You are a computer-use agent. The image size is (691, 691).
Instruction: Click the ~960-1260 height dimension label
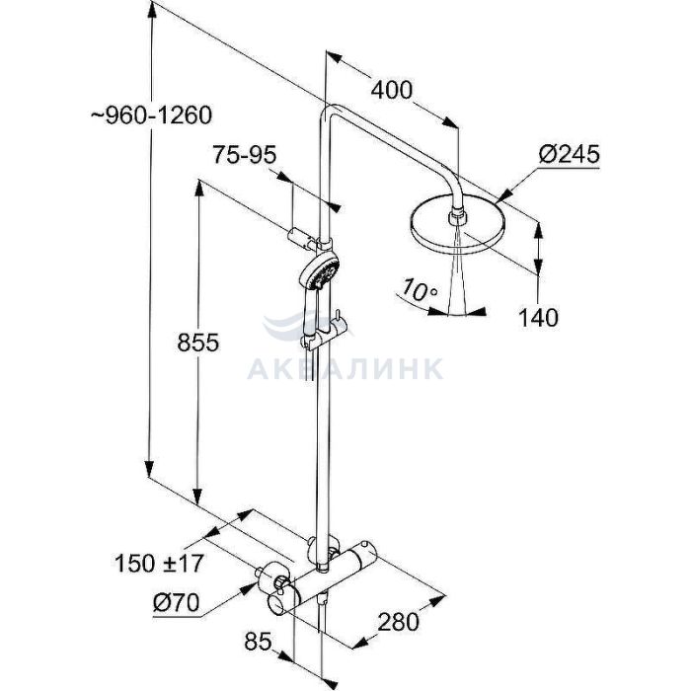click(152, 115)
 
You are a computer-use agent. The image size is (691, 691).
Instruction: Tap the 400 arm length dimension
click(391, 90)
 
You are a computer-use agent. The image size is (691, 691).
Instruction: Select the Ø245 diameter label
click(570, 154)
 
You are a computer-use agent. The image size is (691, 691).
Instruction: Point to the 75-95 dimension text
click(245, 155)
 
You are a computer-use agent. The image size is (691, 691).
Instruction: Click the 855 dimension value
click(197, 343)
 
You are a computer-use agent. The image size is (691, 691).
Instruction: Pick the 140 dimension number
click(538, 317)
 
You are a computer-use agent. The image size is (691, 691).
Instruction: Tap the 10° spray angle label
click(419, 291)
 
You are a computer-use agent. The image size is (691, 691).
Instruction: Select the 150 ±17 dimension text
click(159, 563)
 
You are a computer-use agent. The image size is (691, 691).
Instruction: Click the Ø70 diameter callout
click(177, 602)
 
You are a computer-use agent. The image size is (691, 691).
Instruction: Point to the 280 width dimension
click(399, 622)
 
